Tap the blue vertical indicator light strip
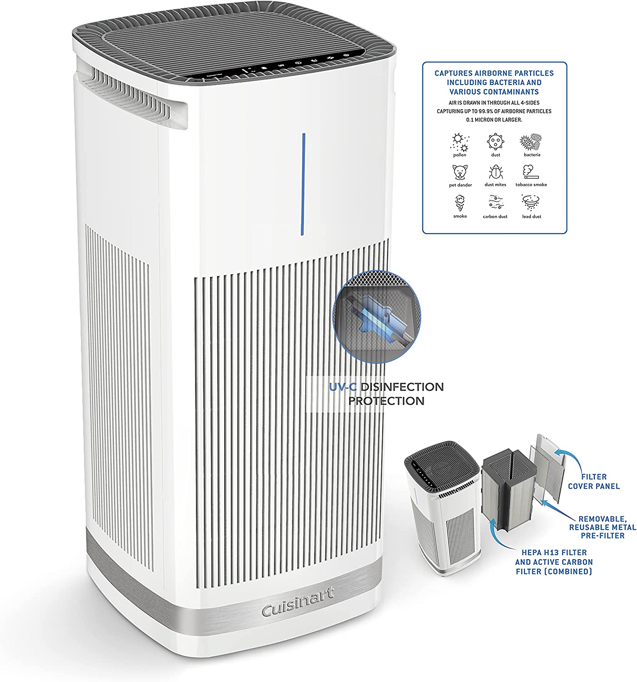click(x=303, y=184)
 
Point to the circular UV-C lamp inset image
click(x=377, y=317)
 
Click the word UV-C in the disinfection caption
click(x=343, y=387)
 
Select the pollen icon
click(x=459, y=142)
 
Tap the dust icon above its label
click(x=495, y=142)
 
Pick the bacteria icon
click(x=531, y=142)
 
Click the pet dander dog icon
click(x=460, y=172)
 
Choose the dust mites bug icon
click(x=495, y=172)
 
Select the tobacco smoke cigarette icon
click(x=531, y=172)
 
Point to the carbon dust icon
click(x=495, y=203)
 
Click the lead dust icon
click(x=531, y=202)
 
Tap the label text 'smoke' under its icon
click(x=460, y=216)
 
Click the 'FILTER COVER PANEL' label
click(x=593, y=481)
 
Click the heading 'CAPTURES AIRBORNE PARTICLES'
click(x=494, y=73)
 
